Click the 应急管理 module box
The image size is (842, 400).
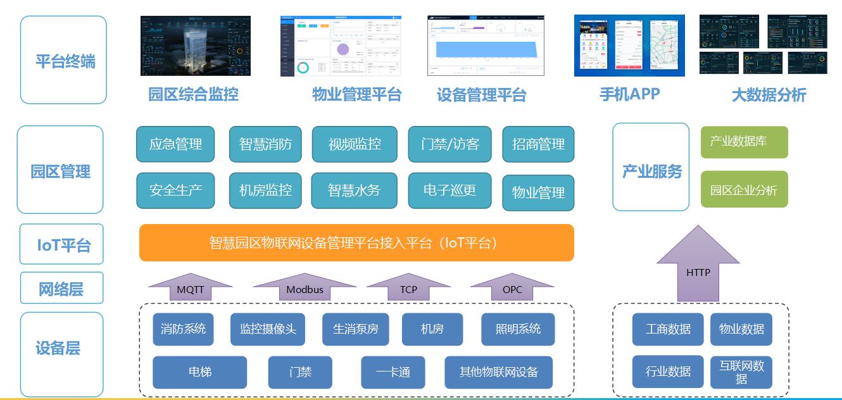point(175,144)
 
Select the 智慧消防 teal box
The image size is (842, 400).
point(265,144)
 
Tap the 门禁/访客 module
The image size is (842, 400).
point(449,144)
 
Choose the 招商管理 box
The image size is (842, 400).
point(538,144)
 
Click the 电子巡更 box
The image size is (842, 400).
point(449,191)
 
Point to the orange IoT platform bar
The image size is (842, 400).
point(356,242)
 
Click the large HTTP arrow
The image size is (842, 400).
point(698,269)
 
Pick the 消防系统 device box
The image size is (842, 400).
point(183,329)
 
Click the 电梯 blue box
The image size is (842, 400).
point(199,372)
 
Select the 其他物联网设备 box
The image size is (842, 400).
point(498,372)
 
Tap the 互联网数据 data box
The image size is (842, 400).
point(741,372)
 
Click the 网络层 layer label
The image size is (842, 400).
point(61,289)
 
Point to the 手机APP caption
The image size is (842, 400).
point(629,94)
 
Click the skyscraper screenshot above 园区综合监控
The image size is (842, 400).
point(195,46)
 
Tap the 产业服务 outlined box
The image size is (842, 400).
point(651,168)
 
